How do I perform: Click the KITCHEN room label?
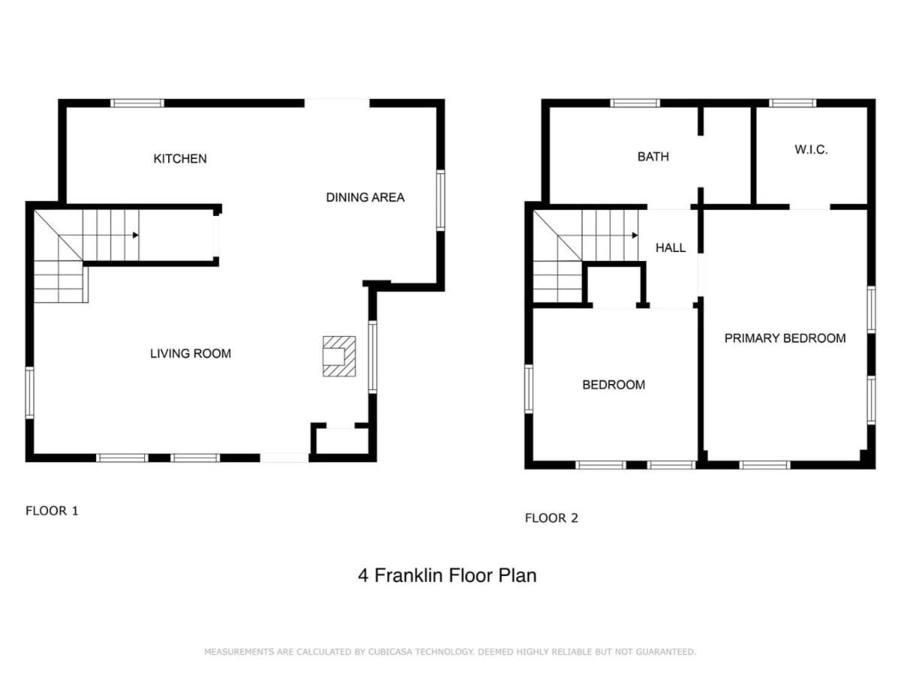click(179, 158)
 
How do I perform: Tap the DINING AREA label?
click(365, 197)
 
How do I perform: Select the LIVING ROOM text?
click(191, 353)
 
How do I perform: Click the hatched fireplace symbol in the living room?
click(339, 356)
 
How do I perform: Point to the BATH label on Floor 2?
click(652, 157)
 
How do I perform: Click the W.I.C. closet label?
click(811, 149)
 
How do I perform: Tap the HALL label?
click(670, 247)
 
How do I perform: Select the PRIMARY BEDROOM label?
click(785, 338)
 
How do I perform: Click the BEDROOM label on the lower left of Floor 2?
click(613, 385)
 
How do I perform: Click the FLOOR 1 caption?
click(52, 511)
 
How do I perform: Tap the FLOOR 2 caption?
click(551, 518)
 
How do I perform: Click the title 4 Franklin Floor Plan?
click(447, 575)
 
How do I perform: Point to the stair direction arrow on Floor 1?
click(135, 235)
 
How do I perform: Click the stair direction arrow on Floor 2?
click(634, 235)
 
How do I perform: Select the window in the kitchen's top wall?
click(137, 103)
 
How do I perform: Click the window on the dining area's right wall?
click(440, 200)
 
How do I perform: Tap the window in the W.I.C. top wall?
click(792, 103)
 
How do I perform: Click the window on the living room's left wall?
click(29, 393)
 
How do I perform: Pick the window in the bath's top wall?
click(635, 103)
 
